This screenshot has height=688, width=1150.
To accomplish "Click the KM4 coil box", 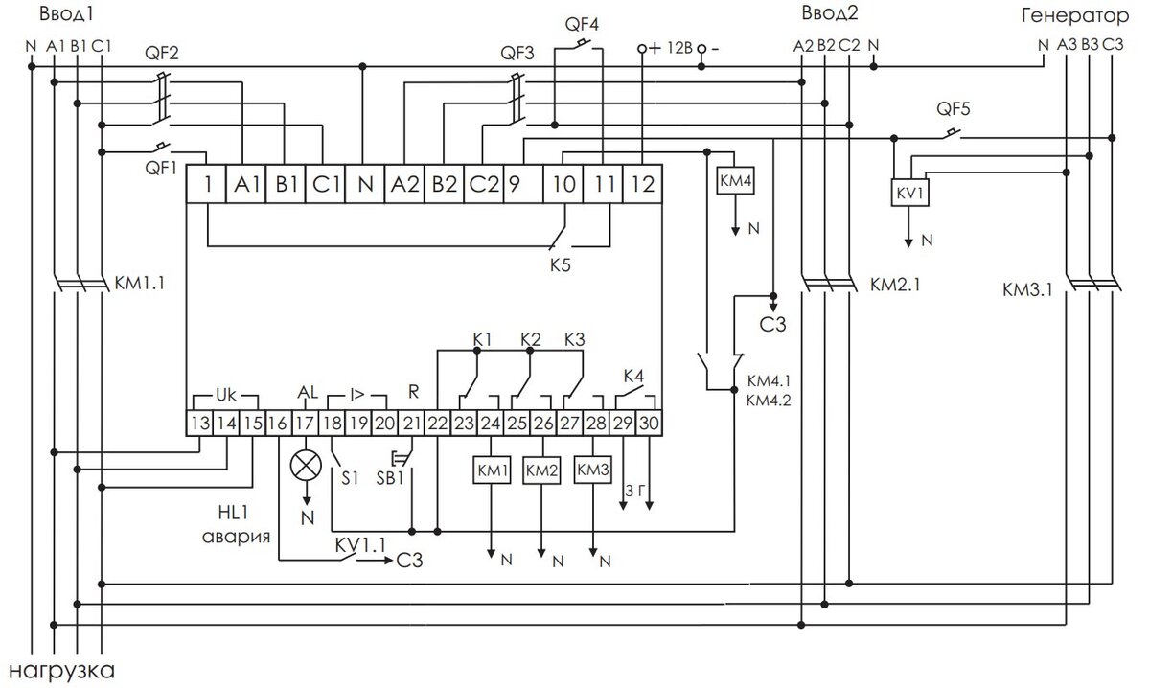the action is pyautogui.click(x=735, y=181).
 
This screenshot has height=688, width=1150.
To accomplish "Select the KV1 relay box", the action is pyautogui.click(x=909, y=193).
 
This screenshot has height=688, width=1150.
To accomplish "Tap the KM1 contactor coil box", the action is pyautogui.click(x=492, y=470).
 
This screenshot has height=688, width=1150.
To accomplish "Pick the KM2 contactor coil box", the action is pyautogui.click(x=541, y=470).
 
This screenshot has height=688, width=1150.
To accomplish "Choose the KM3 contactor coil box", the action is pyautogui.click(x=592, y=470).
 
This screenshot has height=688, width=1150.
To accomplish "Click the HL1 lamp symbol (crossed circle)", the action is pyautogui.click(x=306, y=466).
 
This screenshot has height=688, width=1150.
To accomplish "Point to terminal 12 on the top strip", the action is pyautogui.click(x=642, y=184).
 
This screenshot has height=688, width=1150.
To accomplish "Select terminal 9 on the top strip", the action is pyautogui.click(x=523, y=184).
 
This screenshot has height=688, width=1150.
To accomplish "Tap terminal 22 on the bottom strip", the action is pyautogui.click(x=437, y=424).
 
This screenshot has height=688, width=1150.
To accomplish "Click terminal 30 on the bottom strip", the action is pyautogui.click(x=649, y=424).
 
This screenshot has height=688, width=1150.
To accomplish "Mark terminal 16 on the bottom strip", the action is pyautogui.click(x=278, y=424).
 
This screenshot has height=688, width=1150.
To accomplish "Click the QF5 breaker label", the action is pyautogui.click(x=954, y=109).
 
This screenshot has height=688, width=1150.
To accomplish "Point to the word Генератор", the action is pyautogui.click(x=1075, y=16).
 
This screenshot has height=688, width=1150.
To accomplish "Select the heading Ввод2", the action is pyautogui.click(x=830, y=13).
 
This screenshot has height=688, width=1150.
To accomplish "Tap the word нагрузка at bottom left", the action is pyautogui.click(x=61, y=671).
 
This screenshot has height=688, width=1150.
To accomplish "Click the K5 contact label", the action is pyautogui.click(x=560, y=264).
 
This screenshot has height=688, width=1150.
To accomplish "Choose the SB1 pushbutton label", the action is pyautogui.click(x=390, y=478).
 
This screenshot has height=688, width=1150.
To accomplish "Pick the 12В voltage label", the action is pyautogui.click(x=679, y=48).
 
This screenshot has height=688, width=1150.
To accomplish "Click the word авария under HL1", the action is pyautogui.click(x=236, y=537).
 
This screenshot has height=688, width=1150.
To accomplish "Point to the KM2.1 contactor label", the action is pyautogui.click(x=895, y=285).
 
